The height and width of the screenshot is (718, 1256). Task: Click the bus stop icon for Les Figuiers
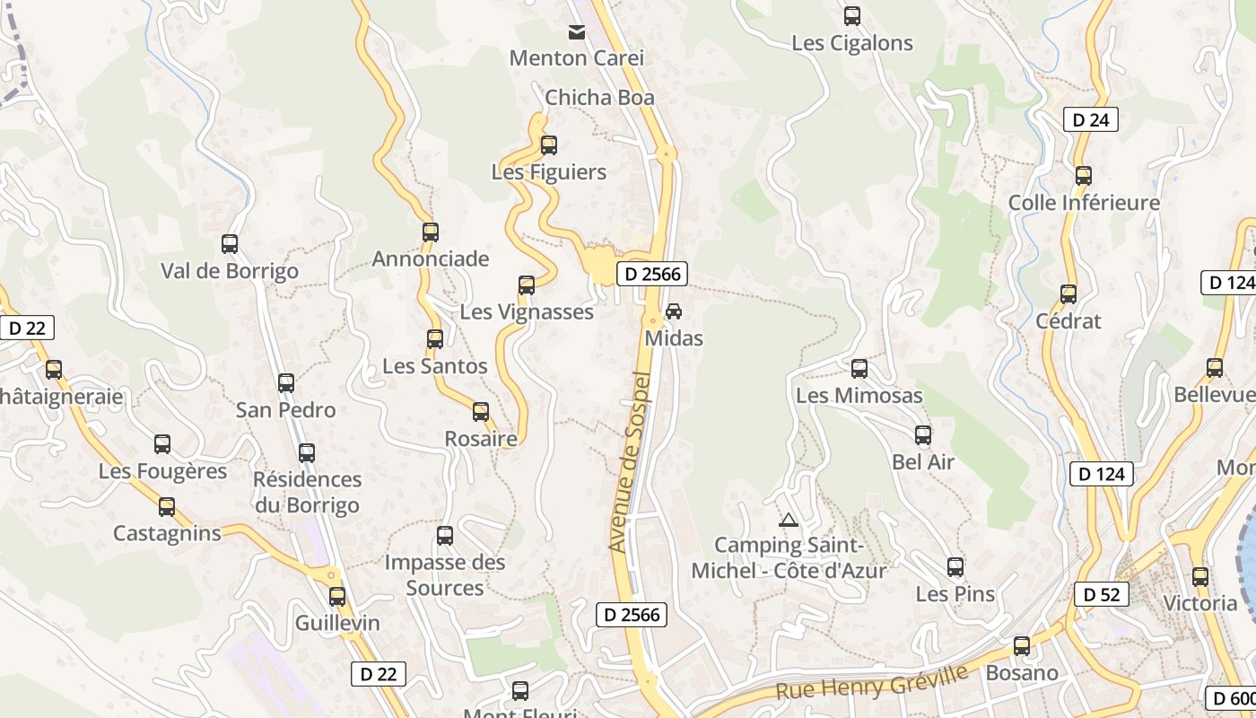pos(549,144)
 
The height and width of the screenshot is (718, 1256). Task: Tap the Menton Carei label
pos(577,58)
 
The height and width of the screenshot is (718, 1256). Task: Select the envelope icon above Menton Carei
pos(577,32)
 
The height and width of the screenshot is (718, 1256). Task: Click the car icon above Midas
pos(674,311)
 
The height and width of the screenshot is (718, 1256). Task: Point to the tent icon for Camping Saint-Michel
pos(788,519)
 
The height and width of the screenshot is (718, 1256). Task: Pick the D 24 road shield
pos(1091,119)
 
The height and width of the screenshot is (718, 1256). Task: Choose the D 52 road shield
pos(1101,594)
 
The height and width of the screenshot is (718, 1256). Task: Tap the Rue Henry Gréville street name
pos(871,682)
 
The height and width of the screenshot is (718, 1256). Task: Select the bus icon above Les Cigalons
pos(852,16)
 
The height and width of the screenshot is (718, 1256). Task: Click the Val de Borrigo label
pos(230,271)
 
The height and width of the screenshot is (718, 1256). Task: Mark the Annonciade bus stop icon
pos(431,232)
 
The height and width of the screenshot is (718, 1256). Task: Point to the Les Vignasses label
pos(527,312)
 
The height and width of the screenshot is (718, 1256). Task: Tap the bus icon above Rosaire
pos(481,412)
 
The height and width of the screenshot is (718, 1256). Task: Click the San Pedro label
pos(285,410)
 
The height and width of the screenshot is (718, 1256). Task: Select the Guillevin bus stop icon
pos(337,596)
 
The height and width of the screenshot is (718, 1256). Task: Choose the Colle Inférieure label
pos(1084,203)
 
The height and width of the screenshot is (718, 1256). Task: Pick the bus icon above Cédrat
pos(1068,294)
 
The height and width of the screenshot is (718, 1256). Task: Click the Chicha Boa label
pos(599,98)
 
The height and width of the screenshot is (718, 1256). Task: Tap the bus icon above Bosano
pos(1022,646)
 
